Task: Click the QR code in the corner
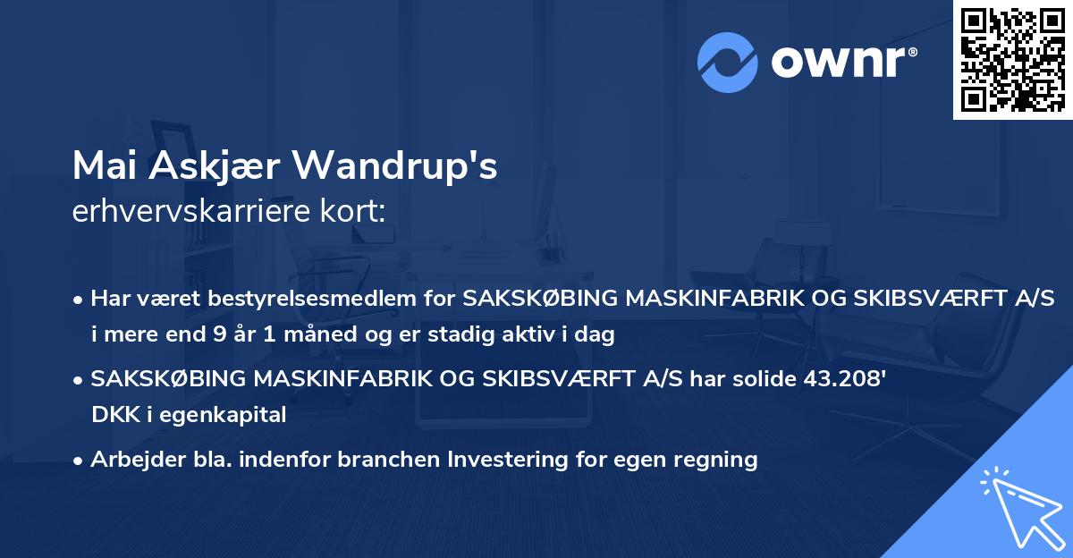pyautogui.click(x=1012, y=60)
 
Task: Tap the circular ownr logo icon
pyautogui.click(x=728, y=62)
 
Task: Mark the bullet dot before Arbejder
pyautogui.click(x=80, y=461)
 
